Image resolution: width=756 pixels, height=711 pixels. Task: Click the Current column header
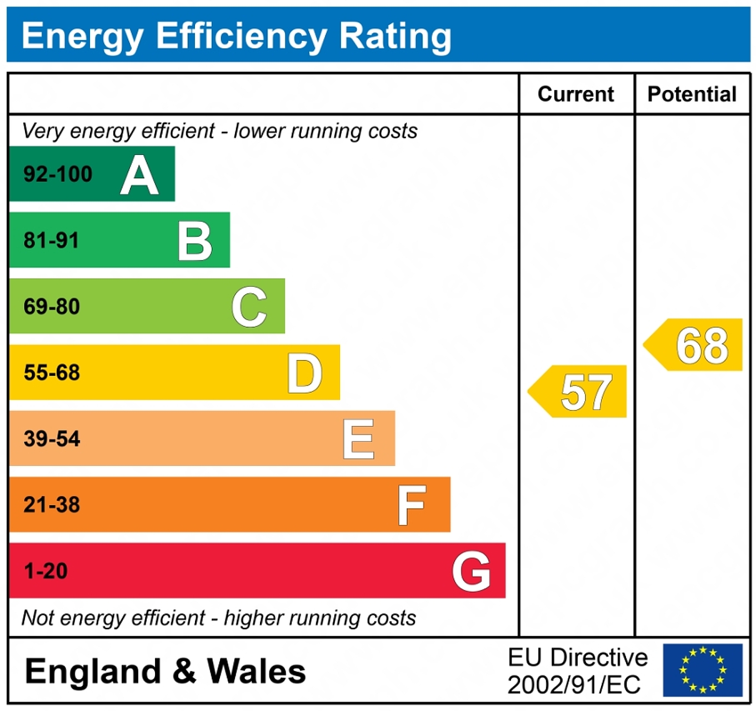(x=575, y=94)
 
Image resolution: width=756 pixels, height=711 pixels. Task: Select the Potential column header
(x=692, y=94)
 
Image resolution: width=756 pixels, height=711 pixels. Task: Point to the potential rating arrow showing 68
(x=695, y=345)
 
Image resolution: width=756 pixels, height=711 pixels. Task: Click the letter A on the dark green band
(x=139, y=175)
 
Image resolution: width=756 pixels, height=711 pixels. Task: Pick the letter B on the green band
(x=195, y=241)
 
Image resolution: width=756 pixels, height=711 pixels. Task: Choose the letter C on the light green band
(x=249, y=307)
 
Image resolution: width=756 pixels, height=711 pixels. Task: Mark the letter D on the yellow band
(x=304, y=373)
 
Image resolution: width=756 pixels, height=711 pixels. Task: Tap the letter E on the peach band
(x=359, y=439)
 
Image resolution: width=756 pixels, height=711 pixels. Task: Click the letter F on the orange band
(x=412, y=505)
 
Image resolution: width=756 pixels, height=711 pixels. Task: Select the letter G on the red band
(x=471, y=571)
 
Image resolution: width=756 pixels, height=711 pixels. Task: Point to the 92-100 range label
(x=58, y=174)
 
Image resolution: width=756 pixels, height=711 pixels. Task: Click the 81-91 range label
(x=51, y=241)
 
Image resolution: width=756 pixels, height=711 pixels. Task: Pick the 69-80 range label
(x=52, y=307)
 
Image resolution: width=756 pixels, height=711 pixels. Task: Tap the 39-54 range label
(x=52, y=439)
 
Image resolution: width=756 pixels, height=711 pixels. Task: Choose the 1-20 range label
(x=46, y=571)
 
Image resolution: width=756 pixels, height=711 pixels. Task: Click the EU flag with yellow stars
(x=703, y=670)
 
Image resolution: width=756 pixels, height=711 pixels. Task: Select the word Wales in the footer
(x=256, y=671)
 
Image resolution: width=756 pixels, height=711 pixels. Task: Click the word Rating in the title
(x=395, y=36)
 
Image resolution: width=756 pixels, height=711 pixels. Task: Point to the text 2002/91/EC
(x=574, y=685)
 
